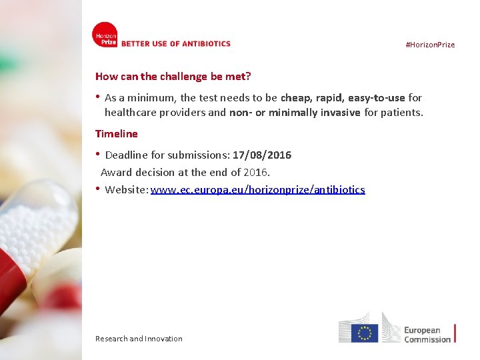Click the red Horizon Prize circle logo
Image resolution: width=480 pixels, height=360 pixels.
(105, 35)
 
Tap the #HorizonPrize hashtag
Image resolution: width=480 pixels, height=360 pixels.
(430, 45)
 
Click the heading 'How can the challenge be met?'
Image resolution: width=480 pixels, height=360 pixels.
(173, 77)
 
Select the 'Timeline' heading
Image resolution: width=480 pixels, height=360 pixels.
(117, 133)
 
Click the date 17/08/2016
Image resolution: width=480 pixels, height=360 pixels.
(262, 155)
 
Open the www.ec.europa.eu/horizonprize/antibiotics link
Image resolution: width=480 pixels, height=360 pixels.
(258, 189)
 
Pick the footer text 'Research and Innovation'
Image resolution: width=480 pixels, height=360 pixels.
(139, 339)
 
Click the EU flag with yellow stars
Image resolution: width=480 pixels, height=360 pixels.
(364, 333)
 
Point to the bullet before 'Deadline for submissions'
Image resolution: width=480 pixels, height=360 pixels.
(98, 155)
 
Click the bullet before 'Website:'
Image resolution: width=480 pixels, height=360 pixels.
(98, 189)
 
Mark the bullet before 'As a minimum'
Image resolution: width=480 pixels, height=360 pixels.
(98, 97)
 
